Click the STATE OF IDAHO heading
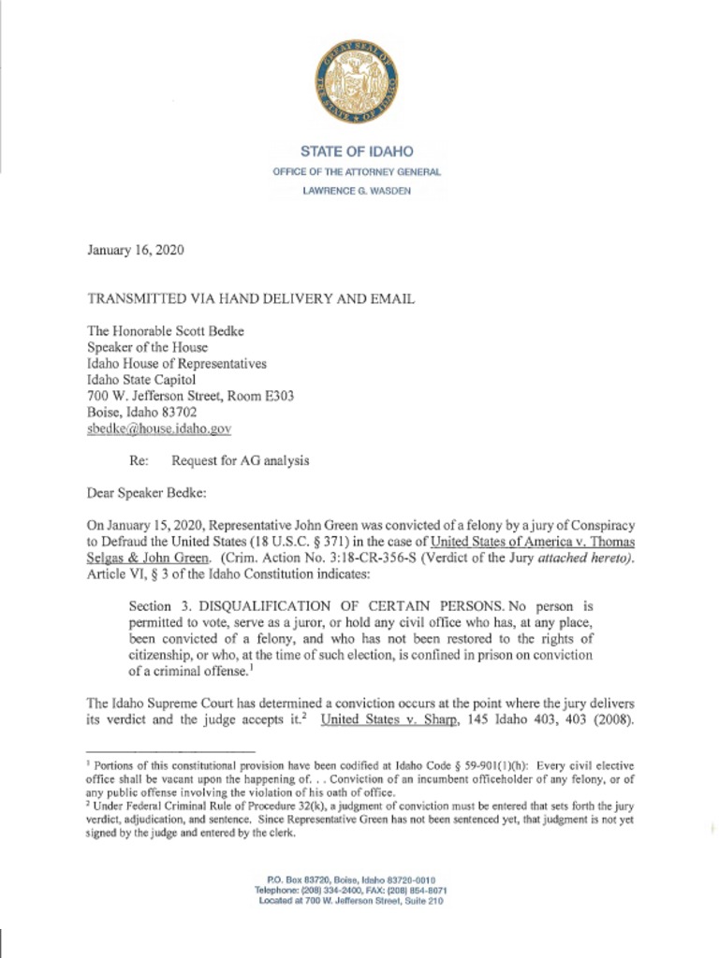click(x=357, y=152)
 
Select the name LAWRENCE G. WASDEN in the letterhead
click(x=357, y=191)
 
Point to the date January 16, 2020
click(x=135, y=251)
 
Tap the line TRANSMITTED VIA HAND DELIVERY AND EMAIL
click(x=251, y=299)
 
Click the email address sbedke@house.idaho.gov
click(x=158, y=428)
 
